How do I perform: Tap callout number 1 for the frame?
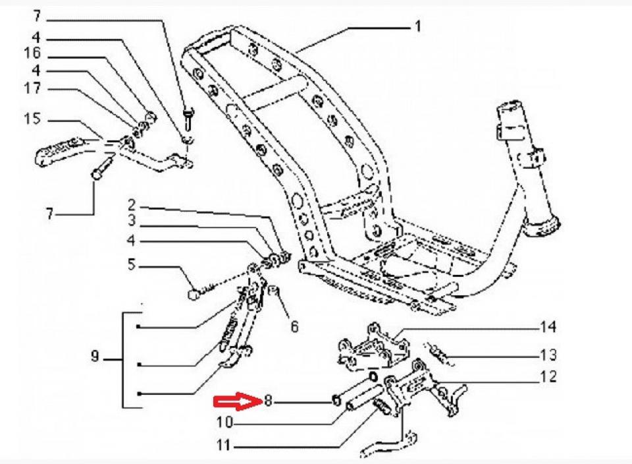point(417,27)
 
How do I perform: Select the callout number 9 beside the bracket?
point(96,358)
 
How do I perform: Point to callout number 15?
point(32,119)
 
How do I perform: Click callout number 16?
point(32,53)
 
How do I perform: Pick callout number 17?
point(32,88)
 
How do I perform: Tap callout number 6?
point(294,326)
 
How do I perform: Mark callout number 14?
point(548,326)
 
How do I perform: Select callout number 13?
point(548,355)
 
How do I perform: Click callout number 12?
point(548,376)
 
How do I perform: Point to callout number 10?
point(224,420)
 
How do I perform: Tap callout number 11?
point(224,446)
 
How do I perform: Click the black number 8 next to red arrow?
point(267,399)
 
